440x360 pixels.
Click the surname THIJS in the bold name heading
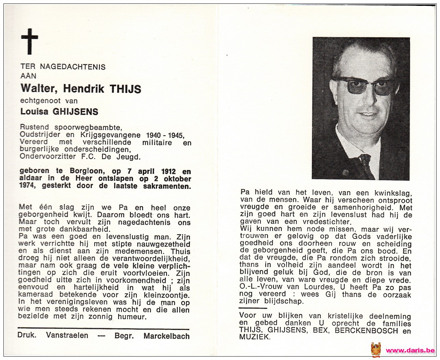pos(125,89)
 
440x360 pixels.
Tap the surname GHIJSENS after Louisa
pos(75,111)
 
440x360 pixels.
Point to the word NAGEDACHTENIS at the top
pos(73,67)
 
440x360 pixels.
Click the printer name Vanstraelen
pos(67,336)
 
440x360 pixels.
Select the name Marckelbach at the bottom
pos(167,336)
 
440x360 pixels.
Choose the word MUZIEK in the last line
pos(255,337)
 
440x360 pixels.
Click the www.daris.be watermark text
pos(410,350)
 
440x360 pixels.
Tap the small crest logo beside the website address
pos(376,350)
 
